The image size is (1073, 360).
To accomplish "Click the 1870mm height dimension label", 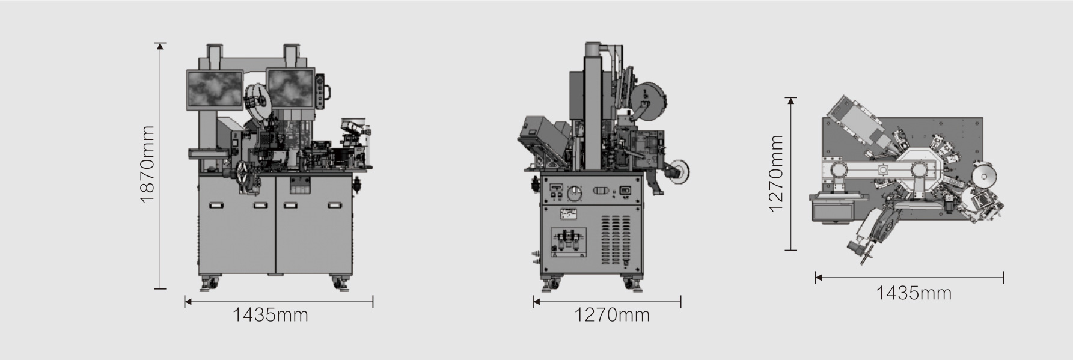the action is [147, 164].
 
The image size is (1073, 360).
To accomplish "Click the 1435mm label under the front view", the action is [271, 314].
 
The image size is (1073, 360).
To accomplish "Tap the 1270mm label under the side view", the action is [612, 314].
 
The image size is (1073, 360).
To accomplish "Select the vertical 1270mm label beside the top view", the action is [776, 173].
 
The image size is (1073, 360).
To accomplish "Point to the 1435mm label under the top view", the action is [914, 293].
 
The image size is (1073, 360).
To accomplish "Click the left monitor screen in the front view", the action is [215, 90].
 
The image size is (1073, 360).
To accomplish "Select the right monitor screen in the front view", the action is [291, 90].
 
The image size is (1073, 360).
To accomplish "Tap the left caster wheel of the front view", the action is [210, 282].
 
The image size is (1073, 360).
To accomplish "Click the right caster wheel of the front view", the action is [340, 282].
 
